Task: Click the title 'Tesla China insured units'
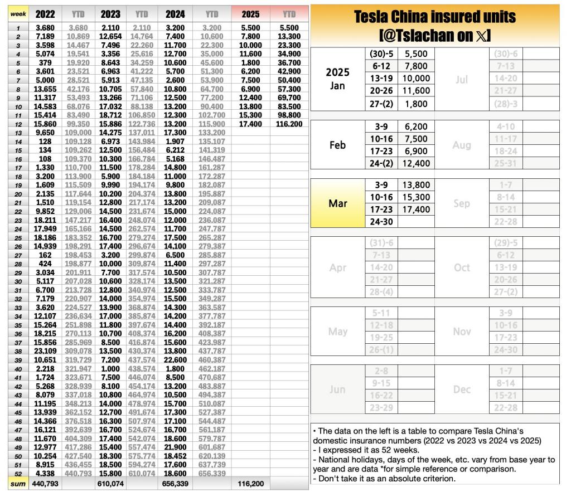pyautogui.click(x=434, y=17)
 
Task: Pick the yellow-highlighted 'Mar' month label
pyautogui.click(x=337, y=203)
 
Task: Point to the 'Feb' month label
pyautogui.click(x=337, y=145)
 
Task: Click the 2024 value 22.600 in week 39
pyautogui.click(x=176, y=360)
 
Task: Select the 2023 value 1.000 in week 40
pyautogui.click(x=110, y=369)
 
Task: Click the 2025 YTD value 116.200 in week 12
pyautogui.click(x=289, y=124)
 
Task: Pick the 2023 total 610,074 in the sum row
pyautogui.click(x=110, y=484)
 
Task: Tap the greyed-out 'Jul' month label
pyautogui.click(x=462, y=80)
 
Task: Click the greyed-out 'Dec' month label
pyautogui.click(x=462, y=389)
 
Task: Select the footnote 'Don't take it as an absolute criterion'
pyautogui.click(x=384, y=478)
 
